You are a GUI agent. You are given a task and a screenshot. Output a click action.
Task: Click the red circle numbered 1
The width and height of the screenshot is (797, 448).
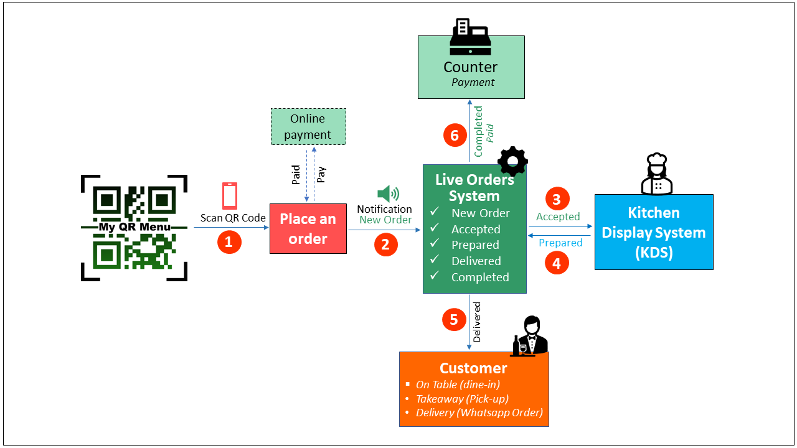[x=229, y=242]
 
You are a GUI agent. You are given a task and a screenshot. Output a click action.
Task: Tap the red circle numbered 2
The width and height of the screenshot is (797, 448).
[x=385, y=245]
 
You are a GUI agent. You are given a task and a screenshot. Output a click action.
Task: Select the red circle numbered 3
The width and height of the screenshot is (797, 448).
[x=557, y=198]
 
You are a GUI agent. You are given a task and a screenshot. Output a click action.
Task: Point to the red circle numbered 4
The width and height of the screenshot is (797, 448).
[x=557, y=263]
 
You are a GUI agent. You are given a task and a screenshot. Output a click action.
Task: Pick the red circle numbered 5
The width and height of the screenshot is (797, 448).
[x=454, y=319]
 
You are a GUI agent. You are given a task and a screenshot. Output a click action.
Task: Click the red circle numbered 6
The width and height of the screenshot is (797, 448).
[x=455, y=135]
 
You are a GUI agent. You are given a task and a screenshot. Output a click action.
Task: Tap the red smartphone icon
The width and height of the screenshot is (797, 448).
[x=230, y=195]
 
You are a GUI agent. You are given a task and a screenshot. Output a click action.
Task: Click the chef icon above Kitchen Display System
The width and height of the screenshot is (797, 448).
[x=657, y=175]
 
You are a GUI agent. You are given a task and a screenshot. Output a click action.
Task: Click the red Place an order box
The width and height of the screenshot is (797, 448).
[x=308, y=228]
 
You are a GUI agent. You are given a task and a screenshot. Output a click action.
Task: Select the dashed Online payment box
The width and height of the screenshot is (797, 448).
[x=308, y=126]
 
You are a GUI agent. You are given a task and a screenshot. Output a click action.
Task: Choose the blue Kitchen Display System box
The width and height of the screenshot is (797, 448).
[x=653, y=232]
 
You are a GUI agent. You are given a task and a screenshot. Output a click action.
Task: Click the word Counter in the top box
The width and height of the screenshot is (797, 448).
[x=470, y=67]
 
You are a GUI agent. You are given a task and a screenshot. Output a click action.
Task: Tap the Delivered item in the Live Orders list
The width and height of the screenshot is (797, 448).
[x=476, y=261]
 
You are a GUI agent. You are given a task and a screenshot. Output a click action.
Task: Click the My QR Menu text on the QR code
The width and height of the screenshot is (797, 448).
[x=134, y=227]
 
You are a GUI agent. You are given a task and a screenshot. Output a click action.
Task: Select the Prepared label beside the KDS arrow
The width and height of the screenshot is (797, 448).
[x=560, y=243]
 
